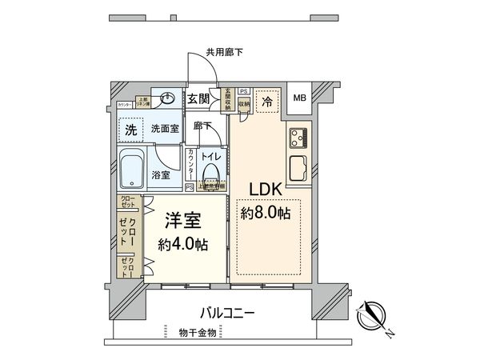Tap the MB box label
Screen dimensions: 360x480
point(299,98)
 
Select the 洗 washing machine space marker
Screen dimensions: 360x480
point(129,129)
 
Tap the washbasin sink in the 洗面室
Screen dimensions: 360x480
point(167,100)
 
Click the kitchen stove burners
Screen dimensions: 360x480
point(298,138)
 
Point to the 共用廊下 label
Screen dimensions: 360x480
point(224,53)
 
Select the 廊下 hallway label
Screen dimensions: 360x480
point(202,126)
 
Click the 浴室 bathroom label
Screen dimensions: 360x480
point(160,175)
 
